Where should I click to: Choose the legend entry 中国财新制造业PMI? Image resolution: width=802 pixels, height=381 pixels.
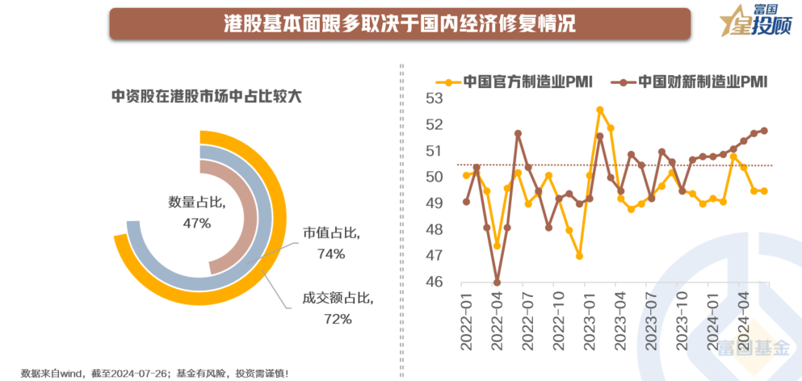(x=692, y=82)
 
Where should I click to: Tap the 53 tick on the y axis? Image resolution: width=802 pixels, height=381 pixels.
(x=434, y=98)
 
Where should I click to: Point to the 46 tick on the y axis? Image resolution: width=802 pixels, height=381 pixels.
(x=434, y=282)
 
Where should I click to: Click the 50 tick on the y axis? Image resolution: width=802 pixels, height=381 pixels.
(x=434, y=177)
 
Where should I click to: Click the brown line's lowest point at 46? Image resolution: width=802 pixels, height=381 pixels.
(x=497, y=283)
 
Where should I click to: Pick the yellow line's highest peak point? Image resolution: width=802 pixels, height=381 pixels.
(x=600, y=109)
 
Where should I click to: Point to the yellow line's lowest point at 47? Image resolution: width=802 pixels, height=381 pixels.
(x=579, y=256)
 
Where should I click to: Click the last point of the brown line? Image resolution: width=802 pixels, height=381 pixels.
(x=764, y=130)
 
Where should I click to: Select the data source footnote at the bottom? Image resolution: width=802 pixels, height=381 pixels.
(x=153, y=372)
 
